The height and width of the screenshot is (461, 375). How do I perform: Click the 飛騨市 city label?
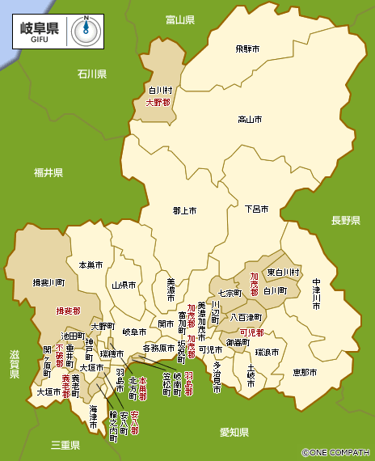pos(248,49)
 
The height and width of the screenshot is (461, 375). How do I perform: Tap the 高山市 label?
pos(249,120)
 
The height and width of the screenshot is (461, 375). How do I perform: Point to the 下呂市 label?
pos(258,209)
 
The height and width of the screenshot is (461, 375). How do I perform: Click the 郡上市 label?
pos(185,210)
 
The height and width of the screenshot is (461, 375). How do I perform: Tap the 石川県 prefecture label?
pos(92,74)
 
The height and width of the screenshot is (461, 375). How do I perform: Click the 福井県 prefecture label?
pos(48,172)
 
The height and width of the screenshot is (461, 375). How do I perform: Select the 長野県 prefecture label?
pos(344,220)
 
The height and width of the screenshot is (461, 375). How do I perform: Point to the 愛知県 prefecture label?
pos(234,433)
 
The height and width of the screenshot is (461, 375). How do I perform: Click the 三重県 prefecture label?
pos(65,445)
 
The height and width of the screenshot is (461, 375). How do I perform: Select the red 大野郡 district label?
pos(158,103)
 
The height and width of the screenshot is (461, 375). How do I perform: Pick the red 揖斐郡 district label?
pos(68,310)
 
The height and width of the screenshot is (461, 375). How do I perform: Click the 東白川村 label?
pos(284,272)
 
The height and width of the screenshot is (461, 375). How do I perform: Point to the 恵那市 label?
pos(305,372)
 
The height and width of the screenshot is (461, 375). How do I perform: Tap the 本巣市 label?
pos(91,265)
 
